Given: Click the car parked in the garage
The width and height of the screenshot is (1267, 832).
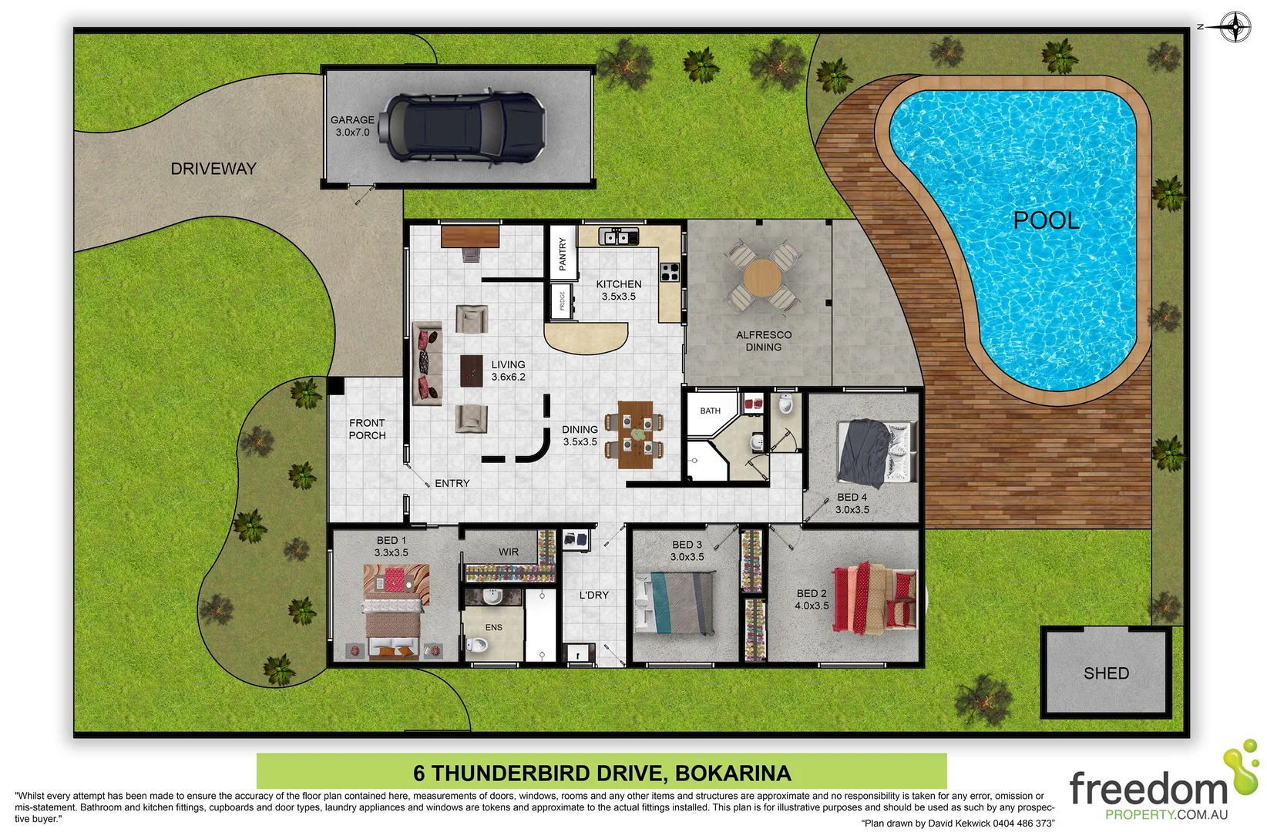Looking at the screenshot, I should click(465, 127).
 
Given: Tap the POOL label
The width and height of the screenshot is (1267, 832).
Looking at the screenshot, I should click(1046, 221).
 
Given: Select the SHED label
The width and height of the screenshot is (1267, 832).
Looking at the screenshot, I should click(1106, 673).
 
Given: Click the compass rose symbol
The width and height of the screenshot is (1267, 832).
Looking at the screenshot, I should click(1235, 28).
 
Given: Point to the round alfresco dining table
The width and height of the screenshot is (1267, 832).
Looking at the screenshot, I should click(762, 278).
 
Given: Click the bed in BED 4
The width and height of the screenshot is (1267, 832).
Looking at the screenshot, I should click(876, 451).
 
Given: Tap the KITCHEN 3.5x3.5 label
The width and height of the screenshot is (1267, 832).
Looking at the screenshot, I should click(618, 290).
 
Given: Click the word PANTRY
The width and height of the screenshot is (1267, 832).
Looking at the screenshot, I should click(563, 254).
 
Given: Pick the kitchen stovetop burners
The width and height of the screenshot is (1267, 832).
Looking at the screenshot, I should click(669, 271).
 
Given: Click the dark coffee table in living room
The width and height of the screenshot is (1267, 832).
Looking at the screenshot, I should click(472, 371).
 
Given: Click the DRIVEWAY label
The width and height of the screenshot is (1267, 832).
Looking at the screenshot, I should click(213, 169).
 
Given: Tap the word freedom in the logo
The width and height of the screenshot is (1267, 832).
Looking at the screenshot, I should click(1148, 790).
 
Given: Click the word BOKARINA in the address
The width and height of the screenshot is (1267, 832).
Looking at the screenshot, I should click(733, 773).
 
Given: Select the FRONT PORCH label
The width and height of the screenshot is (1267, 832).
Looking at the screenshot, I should click(367, 429).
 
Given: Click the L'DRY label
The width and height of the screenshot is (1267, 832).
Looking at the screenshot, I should click(593, 595).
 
